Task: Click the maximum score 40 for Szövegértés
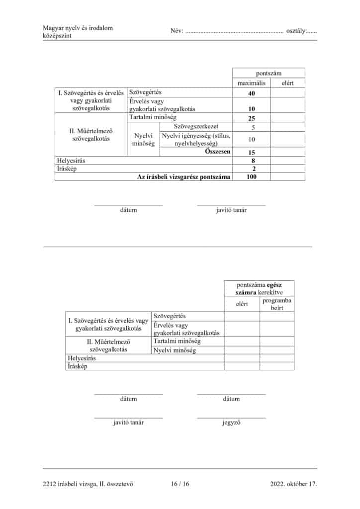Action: [x=251, y=93]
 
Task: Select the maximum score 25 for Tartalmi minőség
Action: [x=251, y=118]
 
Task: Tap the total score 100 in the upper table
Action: [x=251, y=176]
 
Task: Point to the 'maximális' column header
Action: [x=251, y=83]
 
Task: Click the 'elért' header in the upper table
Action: [x=287, y=83]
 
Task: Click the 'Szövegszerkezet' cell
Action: [x=196, y=127]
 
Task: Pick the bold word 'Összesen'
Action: [x=218, y=152]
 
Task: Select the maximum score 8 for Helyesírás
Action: [x=254, y=161]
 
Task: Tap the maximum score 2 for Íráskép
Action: [x=254, y=169]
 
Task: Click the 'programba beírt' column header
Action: [x=276, y=304]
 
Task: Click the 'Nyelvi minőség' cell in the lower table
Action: [x=175, y=350]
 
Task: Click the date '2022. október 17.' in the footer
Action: [x=293, y=483]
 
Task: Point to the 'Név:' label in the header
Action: [x=177, y=31]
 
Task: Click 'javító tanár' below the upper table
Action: [x=231, y=210]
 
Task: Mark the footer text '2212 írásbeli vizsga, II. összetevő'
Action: [x=88, y=483]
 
